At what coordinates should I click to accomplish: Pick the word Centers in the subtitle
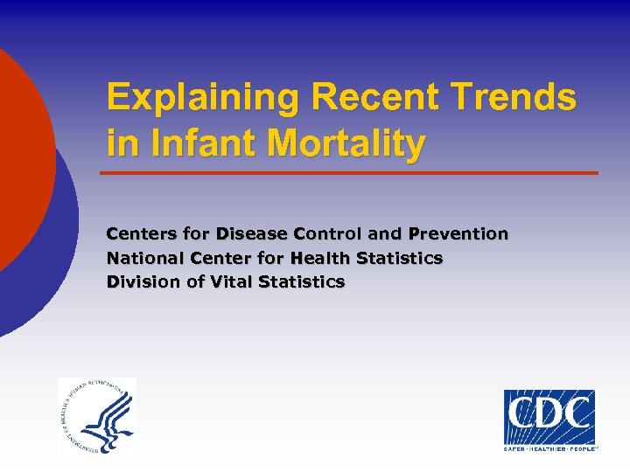tap(137, 233)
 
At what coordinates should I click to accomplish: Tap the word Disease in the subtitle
tap(252, 233)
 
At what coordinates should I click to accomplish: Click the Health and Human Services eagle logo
tap(96, 416)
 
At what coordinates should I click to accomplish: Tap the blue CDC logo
tap(549, 417)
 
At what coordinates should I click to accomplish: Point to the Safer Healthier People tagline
tap(549, 448)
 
